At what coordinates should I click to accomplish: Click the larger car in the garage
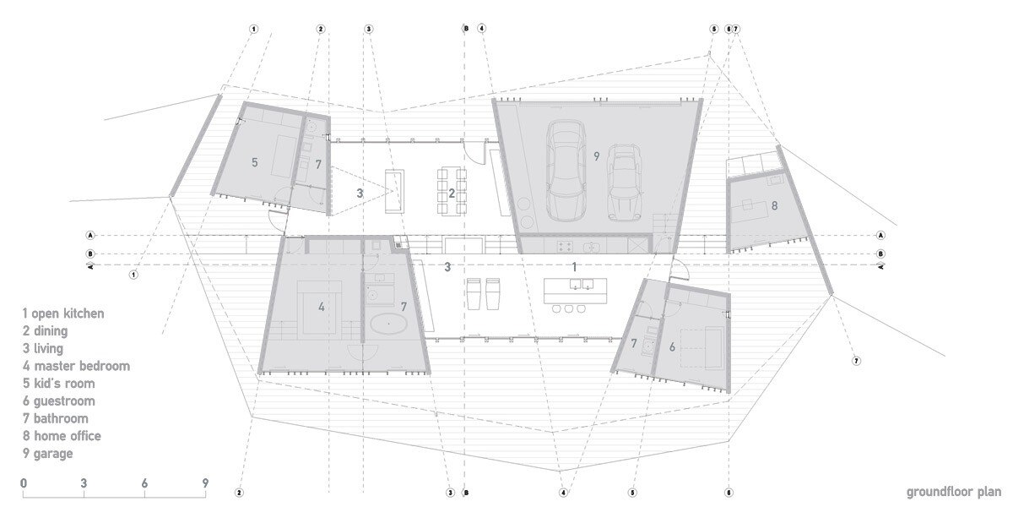click(x=566, y=171)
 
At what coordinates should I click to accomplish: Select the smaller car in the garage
click(x=624, y=183)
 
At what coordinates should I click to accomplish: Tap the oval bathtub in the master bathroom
click(x=387, y=324)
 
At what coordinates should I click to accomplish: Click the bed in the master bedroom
click(x=319, y=308)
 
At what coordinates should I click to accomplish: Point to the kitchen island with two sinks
click(x=575, y=291)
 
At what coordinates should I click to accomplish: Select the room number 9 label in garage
click(x=597, y=156)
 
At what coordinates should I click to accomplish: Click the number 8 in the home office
click(x=774, y=206)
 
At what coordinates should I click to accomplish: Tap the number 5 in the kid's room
click(x=255, y=162)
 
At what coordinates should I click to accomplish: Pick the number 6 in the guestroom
click(x=673, y=347)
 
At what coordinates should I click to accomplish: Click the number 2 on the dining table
click(x=452, y=194)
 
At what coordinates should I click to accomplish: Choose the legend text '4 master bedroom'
click(x=77, y=366)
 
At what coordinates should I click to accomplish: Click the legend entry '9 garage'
click(x=48, y=454)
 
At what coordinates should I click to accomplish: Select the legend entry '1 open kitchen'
click(x=63, y=313)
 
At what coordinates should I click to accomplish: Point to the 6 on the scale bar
click(x=144, y=483)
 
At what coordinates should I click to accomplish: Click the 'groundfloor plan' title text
click(x=953, y=492)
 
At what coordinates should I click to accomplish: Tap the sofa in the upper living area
click(x=394, y=191)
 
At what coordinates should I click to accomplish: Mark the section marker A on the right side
click(x=880, y=236)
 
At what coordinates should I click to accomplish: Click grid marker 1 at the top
click(x=254, y=29)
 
